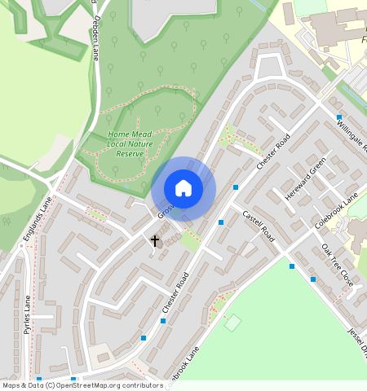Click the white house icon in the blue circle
[x=183, y=188]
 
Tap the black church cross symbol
[x=154, y=241]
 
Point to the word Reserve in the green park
[x=130, y=153]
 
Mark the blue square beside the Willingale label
[x=338, y=117]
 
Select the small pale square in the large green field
[x=233, y=323]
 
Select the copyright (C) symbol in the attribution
[x=50, y=385]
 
